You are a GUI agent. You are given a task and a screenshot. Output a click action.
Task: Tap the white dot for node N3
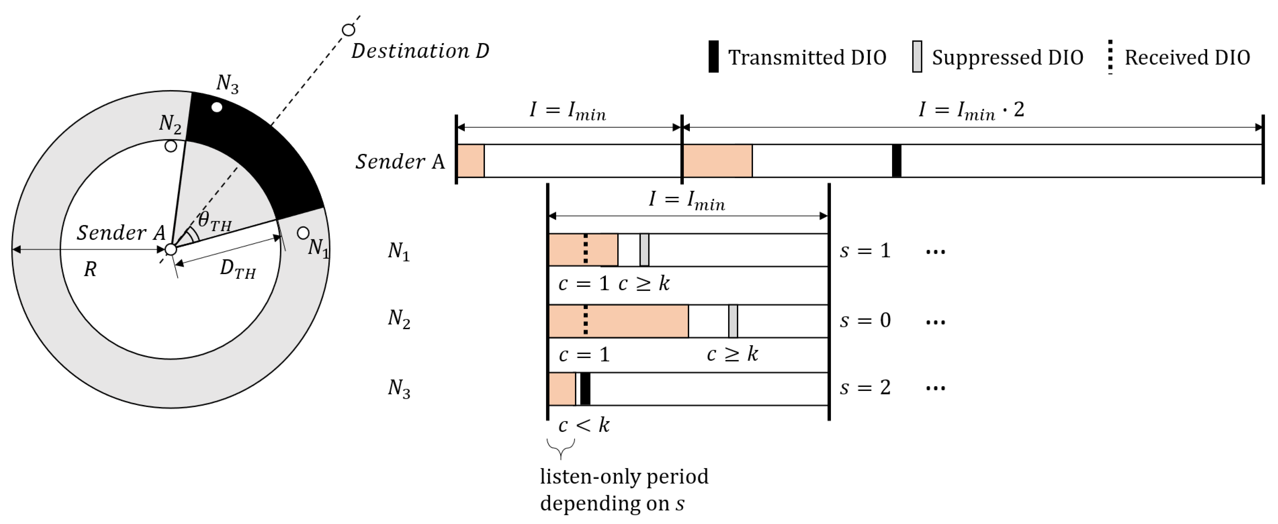(x=217, y=107)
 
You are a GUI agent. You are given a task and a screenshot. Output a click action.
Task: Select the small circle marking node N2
(x=171, y=146)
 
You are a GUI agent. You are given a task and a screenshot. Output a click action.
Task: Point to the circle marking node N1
(x=303, y=233)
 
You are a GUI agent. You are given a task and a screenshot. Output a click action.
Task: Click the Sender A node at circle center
(x=171, y=249)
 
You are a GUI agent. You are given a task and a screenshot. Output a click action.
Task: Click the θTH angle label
(x=214, y=221)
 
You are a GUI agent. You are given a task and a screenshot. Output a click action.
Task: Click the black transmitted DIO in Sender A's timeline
(x=896, y=161)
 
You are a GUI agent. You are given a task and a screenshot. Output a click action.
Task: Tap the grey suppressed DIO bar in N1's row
(x=644, y=250)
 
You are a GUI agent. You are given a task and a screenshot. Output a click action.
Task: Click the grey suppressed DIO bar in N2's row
(x=733, y=321)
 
